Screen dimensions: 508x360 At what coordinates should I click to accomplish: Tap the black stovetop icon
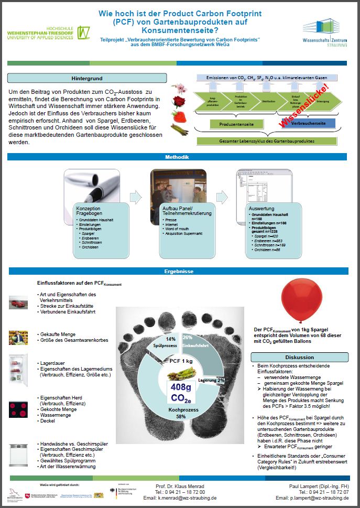(x=18, y=409)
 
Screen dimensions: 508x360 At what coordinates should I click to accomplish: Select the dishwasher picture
(x=18, y=454)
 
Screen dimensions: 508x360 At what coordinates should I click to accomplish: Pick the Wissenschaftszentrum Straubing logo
(x=324, y=31)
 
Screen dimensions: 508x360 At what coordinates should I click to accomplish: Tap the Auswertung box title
(x=261, y=209)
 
